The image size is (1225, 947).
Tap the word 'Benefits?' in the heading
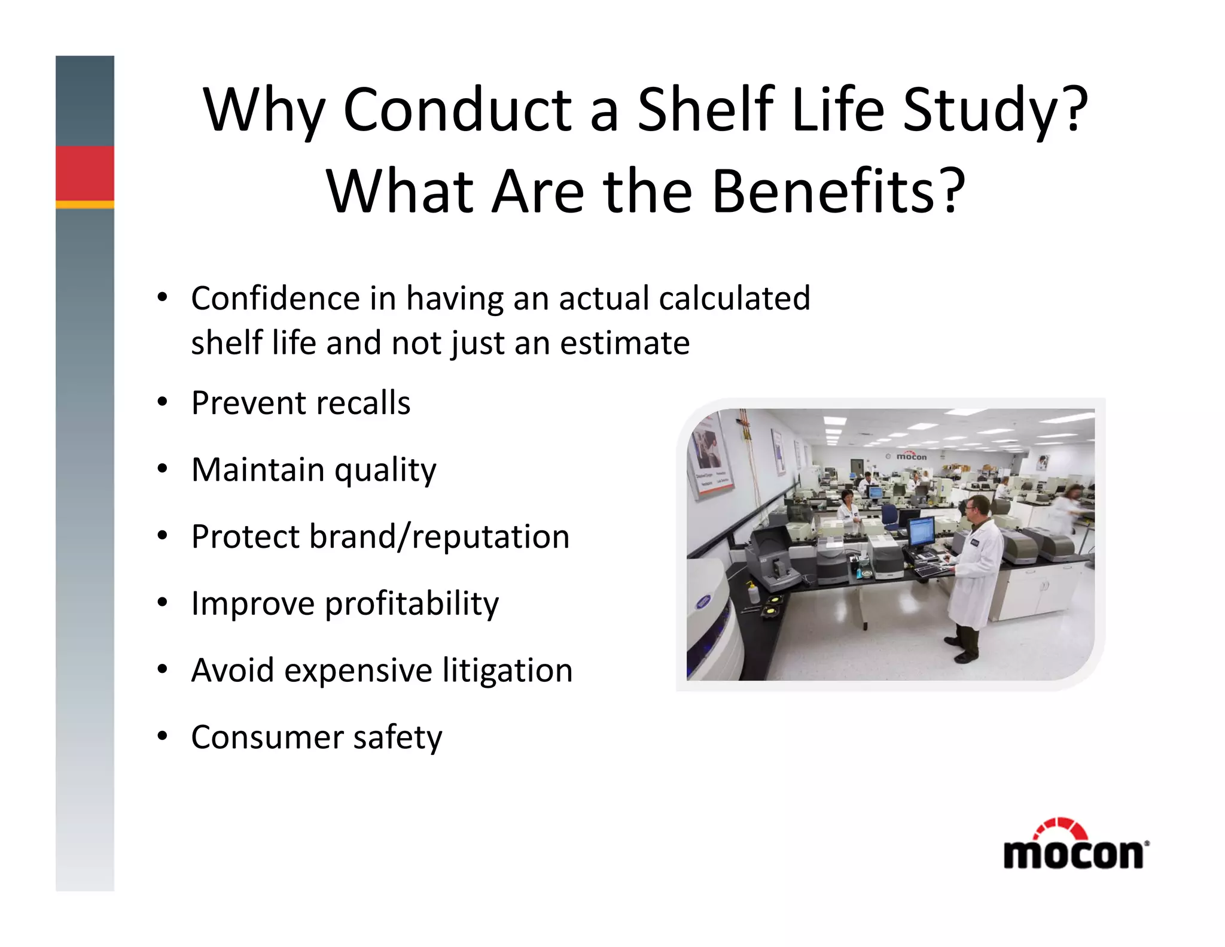coord(838,192)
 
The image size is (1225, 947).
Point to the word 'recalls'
coord(363,403)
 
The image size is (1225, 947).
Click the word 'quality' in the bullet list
coord(385,471)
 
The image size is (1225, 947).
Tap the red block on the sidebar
coord(85,173)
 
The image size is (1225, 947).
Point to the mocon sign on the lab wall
coord(910,456)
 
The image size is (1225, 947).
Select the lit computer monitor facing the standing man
coord(921,532)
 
